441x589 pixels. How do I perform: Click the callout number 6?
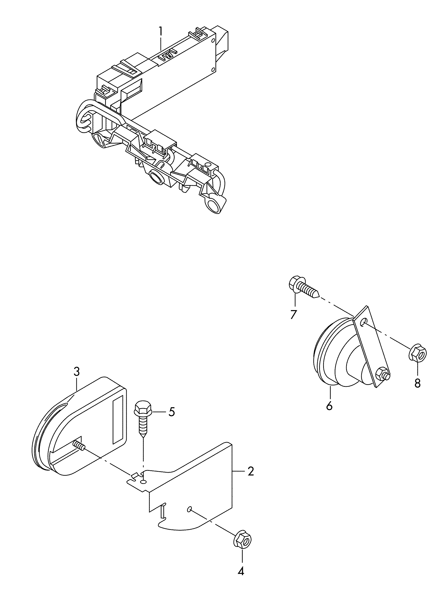[x=329, y=406]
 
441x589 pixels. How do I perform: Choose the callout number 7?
[x=293, y=315]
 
